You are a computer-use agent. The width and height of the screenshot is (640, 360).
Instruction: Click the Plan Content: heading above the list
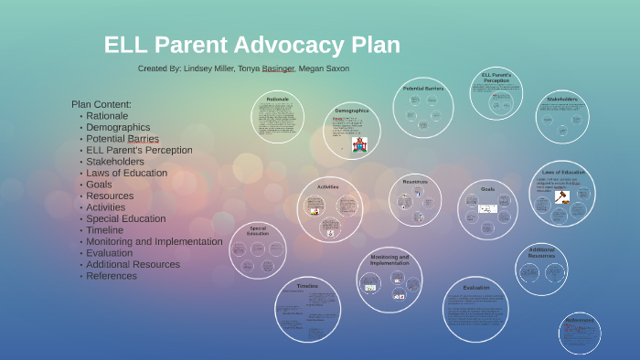click(x=101, y=104)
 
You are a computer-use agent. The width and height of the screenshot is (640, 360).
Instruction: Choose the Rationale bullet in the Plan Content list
click(x=107, y=116)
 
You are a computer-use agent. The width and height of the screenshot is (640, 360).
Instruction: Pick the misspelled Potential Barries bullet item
click(x=123, y=139)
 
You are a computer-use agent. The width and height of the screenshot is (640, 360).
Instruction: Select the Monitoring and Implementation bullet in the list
click(x=154, y=241)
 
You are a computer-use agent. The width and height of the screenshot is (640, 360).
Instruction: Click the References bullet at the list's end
click(x=112, y=276)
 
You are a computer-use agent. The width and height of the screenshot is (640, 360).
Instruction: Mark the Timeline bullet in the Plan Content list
click(x=106, y=230)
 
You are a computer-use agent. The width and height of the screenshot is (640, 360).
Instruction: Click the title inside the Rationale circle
click(x=278, y=99)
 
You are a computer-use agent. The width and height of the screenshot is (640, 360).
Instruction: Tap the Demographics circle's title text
click(x=352, y=111)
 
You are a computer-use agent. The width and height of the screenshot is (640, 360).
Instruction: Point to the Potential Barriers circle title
click(x=423, y=89)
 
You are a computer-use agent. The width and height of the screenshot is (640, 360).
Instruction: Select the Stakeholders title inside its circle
click(x=562, y=99)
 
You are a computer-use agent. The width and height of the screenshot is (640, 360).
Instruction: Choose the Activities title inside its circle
click(x=328, y=186)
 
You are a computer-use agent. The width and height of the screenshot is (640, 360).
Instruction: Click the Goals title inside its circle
click(x=488, y=189)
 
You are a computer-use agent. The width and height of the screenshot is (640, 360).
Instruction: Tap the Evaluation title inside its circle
click(x=475, y=288)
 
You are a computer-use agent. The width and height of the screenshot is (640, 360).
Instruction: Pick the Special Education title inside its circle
click(x=258, y=230)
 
